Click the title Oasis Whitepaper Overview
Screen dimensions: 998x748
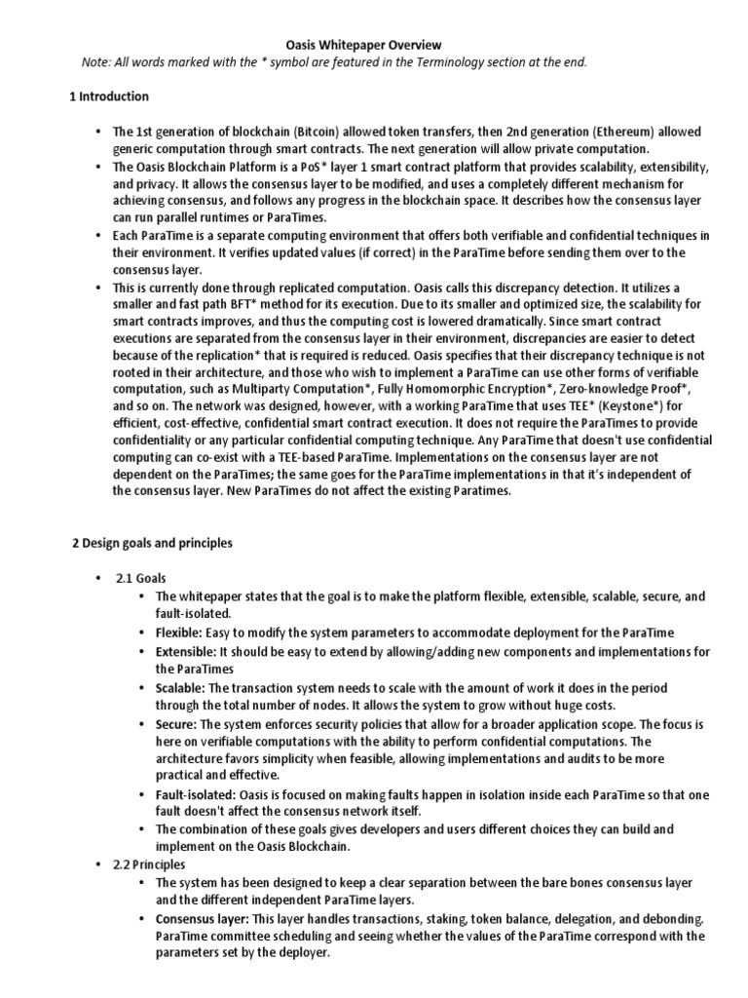363,45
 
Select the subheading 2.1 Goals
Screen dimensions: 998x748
141,578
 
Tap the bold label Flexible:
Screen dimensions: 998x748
178,632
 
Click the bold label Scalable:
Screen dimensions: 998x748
179,686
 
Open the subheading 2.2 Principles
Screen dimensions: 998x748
150,864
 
